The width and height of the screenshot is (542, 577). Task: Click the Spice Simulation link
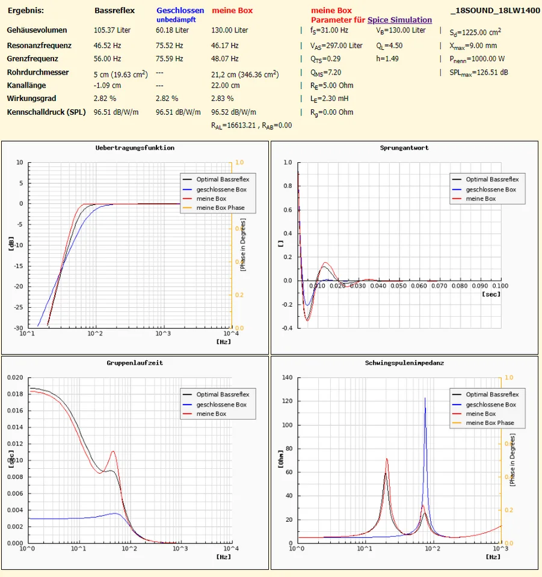399,20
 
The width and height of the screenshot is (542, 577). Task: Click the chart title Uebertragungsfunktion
135,148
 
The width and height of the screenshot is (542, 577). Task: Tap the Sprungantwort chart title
404,148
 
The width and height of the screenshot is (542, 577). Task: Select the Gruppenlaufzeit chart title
135,363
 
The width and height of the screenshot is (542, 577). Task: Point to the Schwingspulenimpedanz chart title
404,363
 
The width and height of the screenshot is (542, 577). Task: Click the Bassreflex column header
114,10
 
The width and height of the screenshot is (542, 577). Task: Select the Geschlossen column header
180,10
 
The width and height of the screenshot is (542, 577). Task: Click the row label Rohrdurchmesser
37,72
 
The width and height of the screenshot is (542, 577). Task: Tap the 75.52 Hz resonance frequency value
170,46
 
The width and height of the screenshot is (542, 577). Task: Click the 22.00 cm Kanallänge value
226,85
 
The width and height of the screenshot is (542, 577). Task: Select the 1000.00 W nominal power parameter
477,59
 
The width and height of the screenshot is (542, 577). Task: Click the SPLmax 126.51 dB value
479,73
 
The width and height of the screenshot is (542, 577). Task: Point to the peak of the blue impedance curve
425,398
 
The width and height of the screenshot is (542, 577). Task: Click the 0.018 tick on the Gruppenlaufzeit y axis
15,394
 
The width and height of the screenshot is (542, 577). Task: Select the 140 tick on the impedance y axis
286,377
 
